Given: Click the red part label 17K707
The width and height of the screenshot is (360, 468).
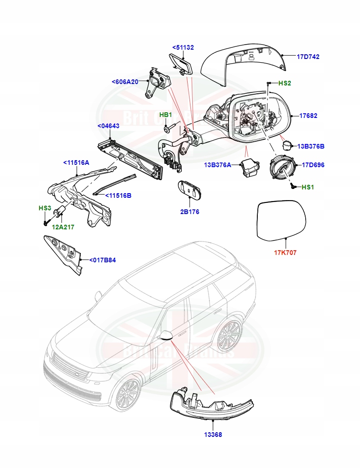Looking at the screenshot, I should [285, 253].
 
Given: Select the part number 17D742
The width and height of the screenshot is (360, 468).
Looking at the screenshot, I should [308, 57].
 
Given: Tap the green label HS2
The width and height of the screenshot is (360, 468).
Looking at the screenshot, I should [284, 83].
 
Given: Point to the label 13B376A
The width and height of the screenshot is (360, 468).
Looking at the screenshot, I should [217, 165].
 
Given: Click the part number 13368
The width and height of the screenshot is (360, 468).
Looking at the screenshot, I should [212, 435].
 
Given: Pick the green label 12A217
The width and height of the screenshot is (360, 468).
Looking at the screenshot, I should [63, 227].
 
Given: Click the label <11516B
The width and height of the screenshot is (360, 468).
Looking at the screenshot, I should [118, 195].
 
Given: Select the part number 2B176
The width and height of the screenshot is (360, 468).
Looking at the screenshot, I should [190, 212].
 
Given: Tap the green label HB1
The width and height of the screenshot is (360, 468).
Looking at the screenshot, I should [166, 115].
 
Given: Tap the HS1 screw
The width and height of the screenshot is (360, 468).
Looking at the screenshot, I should [293, 186].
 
